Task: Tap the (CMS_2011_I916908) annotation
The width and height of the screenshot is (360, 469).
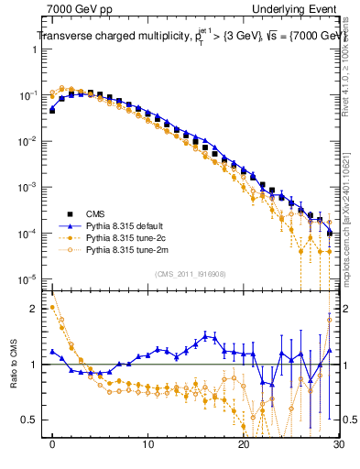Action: click(x=191, y=274)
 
